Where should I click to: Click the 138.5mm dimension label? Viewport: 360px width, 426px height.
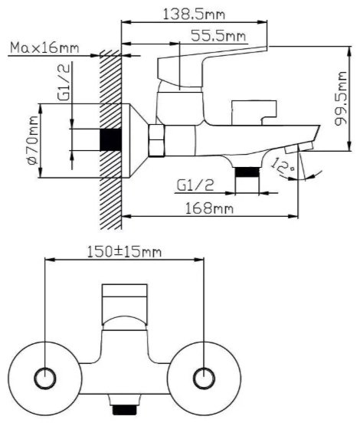click(x=194, y=14)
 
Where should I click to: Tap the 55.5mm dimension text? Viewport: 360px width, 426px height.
click(x=218, y=35)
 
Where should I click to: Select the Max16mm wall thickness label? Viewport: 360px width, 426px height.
click(x=44, y=48)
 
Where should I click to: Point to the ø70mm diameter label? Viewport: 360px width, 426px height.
click(x=32, y=140)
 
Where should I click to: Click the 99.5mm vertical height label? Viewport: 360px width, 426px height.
click(x=340, y=98)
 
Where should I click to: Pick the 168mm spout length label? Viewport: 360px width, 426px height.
click(x=209, y=208)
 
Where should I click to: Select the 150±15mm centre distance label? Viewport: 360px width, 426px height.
click(x=124, y=252)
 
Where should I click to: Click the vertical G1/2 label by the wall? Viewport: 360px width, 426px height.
click(x=64, y=82)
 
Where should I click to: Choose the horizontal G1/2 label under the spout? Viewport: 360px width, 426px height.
click(x=195, y=185)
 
